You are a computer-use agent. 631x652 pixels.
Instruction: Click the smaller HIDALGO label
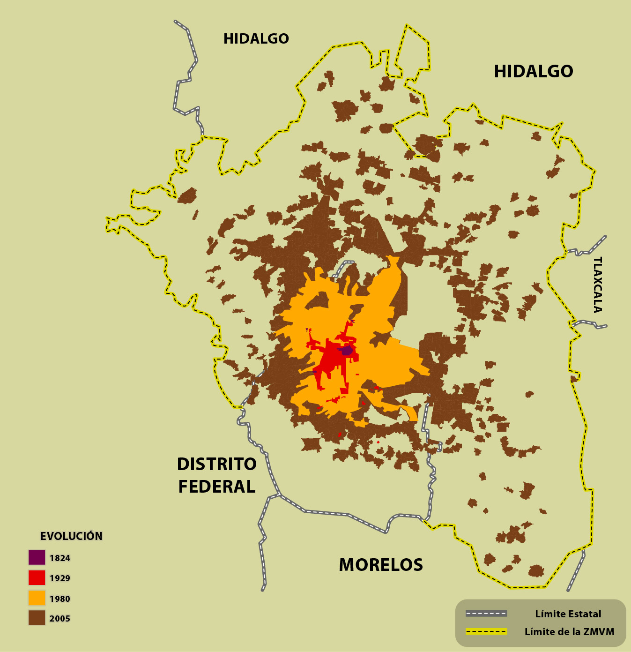point(256,39)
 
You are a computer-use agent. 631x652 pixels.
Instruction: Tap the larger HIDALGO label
point(533,72)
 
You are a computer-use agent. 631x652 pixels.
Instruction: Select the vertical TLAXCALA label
point(597,285)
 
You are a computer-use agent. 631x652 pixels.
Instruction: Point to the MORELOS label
point(380,565)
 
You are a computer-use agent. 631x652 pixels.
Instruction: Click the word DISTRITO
point(217,464)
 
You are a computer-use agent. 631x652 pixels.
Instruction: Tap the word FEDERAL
point(217,487)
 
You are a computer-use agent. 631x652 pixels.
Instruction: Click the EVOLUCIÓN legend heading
point(71,536)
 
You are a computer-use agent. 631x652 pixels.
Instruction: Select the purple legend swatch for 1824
point(37,557)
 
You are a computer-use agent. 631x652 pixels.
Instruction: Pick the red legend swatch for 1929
point(37,577)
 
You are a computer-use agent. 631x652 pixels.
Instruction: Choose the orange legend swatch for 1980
point(37,598)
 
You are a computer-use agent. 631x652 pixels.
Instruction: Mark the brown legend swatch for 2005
point(37,618)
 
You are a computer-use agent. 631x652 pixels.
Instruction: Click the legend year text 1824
point(60,558)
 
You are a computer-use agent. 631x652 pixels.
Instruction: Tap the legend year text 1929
point(60,578)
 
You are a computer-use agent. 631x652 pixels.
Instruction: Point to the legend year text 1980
point(60,599)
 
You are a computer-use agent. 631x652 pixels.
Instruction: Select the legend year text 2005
point(60,619)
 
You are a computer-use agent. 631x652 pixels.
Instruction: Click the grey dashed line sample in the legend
point(486,614)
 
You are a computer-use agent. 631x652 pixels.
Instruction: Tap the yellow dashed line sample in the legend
point(486,631)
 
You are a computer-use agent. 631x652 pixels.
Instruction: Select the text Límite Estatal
point(568,614)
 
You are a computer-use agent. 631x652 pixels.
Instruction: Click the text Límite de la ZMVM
point(569,632)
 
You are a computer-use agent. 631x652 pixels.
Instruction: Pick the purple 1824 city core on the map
point(347,350)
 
